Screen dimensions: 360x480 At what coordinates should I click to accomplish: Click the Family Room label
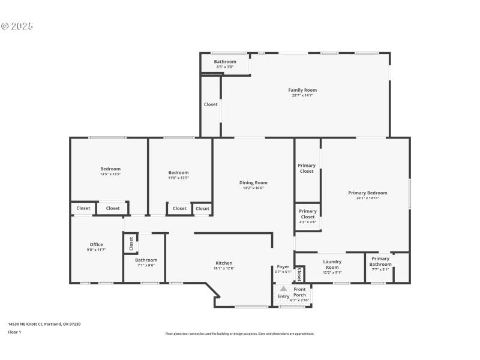(x=302, y=90)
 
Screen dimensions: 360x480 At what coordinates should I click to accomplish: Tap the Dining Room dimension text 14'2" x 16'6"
(x=253, y=188)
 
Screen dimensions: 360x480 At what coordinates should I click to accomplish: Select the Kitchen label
(x=224, y=263)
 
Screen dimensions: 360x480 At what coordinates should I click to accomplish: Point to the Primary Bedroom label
(x=367, y=193)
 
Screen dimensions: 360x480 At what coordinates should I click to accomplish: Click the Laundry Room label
(x=332, y=264)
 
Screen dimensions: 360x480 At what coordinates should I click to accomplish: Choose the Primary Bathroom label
(x=380, y=261)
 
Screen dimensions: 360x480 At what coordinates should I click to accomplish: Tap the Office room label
(x=97, y=244)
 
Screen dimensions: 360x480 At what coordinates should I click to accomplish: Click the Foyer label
(x=283, y=266)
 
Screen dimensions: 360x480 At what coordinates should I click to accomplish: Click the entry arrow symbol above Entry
(x=283, y=289)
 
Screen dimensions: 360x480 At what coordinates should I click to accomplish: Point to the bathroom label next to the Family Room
(x=225, y=62)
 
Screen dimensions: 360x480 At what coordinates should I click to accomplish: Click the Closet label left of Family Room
(x=211, y=104)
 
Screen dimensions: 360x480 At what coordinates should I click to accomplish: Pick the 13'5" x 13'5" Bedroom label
(x=110, y=169)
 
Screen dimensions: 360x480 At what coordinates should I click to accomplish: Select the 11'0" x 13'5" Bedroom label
(x=178, y=173)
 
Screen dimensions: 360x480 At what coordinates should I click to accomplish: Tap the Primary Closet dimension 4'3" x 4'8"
(x=307, y=222)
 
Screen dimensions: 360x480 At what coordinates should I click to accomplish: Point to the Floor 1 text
(x=14, y=332)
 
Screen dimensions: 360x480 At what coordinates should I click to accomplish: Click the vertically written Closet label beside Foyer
(x=298, y=274)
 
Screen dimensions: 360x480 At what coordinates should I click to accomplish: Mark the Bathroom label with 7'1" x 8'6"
(x=146, y=260)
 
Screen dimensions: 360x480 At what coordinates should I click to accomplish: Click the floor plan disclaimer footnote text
(x=239, y=334)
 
